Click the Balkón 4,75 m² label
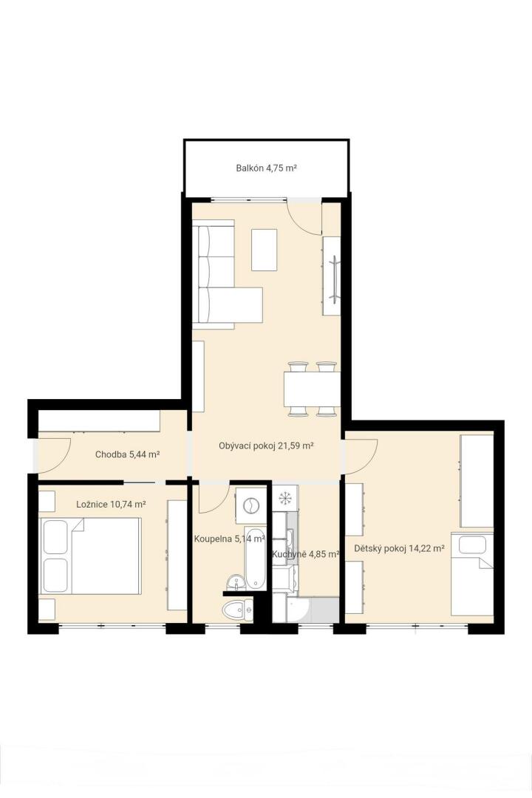click(266, 168)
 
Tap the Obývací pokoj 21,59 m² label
click(266, 446)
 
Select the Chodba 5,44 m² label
click(128, 454)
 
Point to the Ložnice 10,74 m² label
click(111, 505)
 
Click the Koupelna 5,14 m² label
click(230, 539)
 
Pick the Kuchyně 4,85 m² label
click(305, 554)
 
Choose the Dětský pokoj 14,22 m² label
click(399, 548)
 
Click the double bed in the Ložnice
click(90, 556)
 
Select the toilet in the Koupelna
click(238, 609)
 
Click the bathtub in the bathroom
click(255, 557)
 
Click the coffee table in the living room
click(265, 250)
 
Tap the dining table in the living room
click(312, 389)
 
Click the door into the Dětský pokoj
click(361, 454)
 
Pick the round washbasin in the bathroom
click(235, 582)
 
